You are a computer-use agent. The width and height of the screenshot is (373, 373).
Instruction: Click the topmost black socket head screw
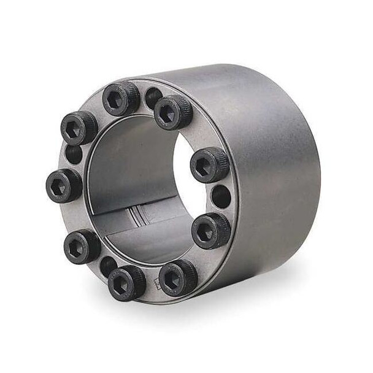(121, 98)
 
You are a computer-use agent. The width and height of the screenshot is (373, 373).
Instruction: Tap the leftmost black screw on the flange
(64, 185)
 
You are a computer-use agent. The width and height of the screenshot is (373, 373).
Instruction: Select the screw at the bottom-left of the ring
(82, 246)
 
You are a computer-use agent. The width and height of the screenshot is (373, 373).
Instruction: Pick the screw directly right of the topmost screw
(173, 112)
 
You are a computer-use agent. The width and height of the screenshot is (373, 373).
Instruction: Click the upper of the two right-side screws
(209, 165)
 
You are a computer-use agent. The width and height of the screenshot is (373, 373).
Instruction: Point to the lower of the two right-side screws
(211, 231)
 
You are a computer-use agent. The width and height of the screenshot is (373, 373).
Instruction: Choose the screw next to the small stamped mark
(178, 277)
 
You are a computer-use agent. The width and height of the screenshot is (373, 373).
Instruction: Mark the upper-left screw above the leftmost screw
(79, 128)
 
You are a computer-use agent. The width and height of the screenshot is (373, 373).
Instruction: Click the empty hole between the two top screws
(153, 97)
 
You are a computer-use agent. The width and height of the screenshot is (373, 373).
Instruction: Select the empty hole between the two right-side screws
(221, 197)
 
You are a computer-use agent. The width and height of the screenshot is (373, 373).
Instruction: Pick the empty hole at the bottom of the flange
(109, 265)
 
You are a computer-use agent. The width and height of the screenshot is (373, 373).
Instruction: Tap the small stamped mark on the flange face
(157, 284)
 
